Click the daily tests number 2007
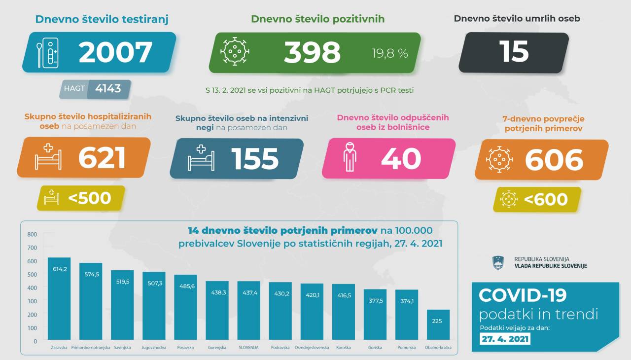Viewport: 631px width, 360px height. (x=115, y=52)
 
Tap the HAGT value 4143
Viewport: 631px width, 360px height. (x=108, y=89)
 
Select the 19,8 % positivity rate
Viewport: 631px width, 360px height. (x=389, y=53)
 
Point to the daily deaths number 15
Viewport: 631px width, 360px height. (x=514, y=52)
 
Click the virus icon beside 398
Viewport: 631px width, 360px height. (x=235, y=51)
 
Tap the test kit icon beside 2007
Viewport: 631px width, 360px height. (x=47, y=52)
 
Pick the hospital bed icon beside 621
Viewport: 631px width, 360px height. (x=48, y=157)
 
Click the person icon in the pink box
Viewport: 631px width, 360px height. (x=350, y=158)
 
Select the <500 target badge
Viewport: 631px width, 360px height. (x=81, y=198)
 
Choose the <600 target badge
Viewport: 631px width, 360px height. (x=537, y=199)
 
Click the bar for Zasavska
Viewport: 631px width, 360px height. (x=59, y=299)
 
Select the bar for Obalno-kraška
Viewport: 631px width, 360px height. (x=438, y=325)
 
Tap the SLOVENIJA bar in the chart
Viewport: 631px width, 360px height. (x=248, y=311)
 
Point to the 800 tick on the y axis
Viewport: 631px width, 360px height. (x=32, y=234)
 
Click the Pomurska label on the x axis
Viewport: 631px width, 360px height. (x=406, y=348)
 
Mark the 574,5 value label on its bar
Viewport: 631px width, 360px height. (x=91, y=274)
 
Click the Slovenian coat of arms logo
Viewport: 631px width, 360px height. (x=498, y=262)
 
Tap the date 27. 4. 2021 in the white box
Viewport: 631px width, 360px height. (x=505, y=339)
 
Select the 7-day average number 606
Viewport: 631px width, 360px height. (x=554, y=160)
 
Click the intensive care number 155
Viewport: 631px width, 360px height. (x=255, y=158)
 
